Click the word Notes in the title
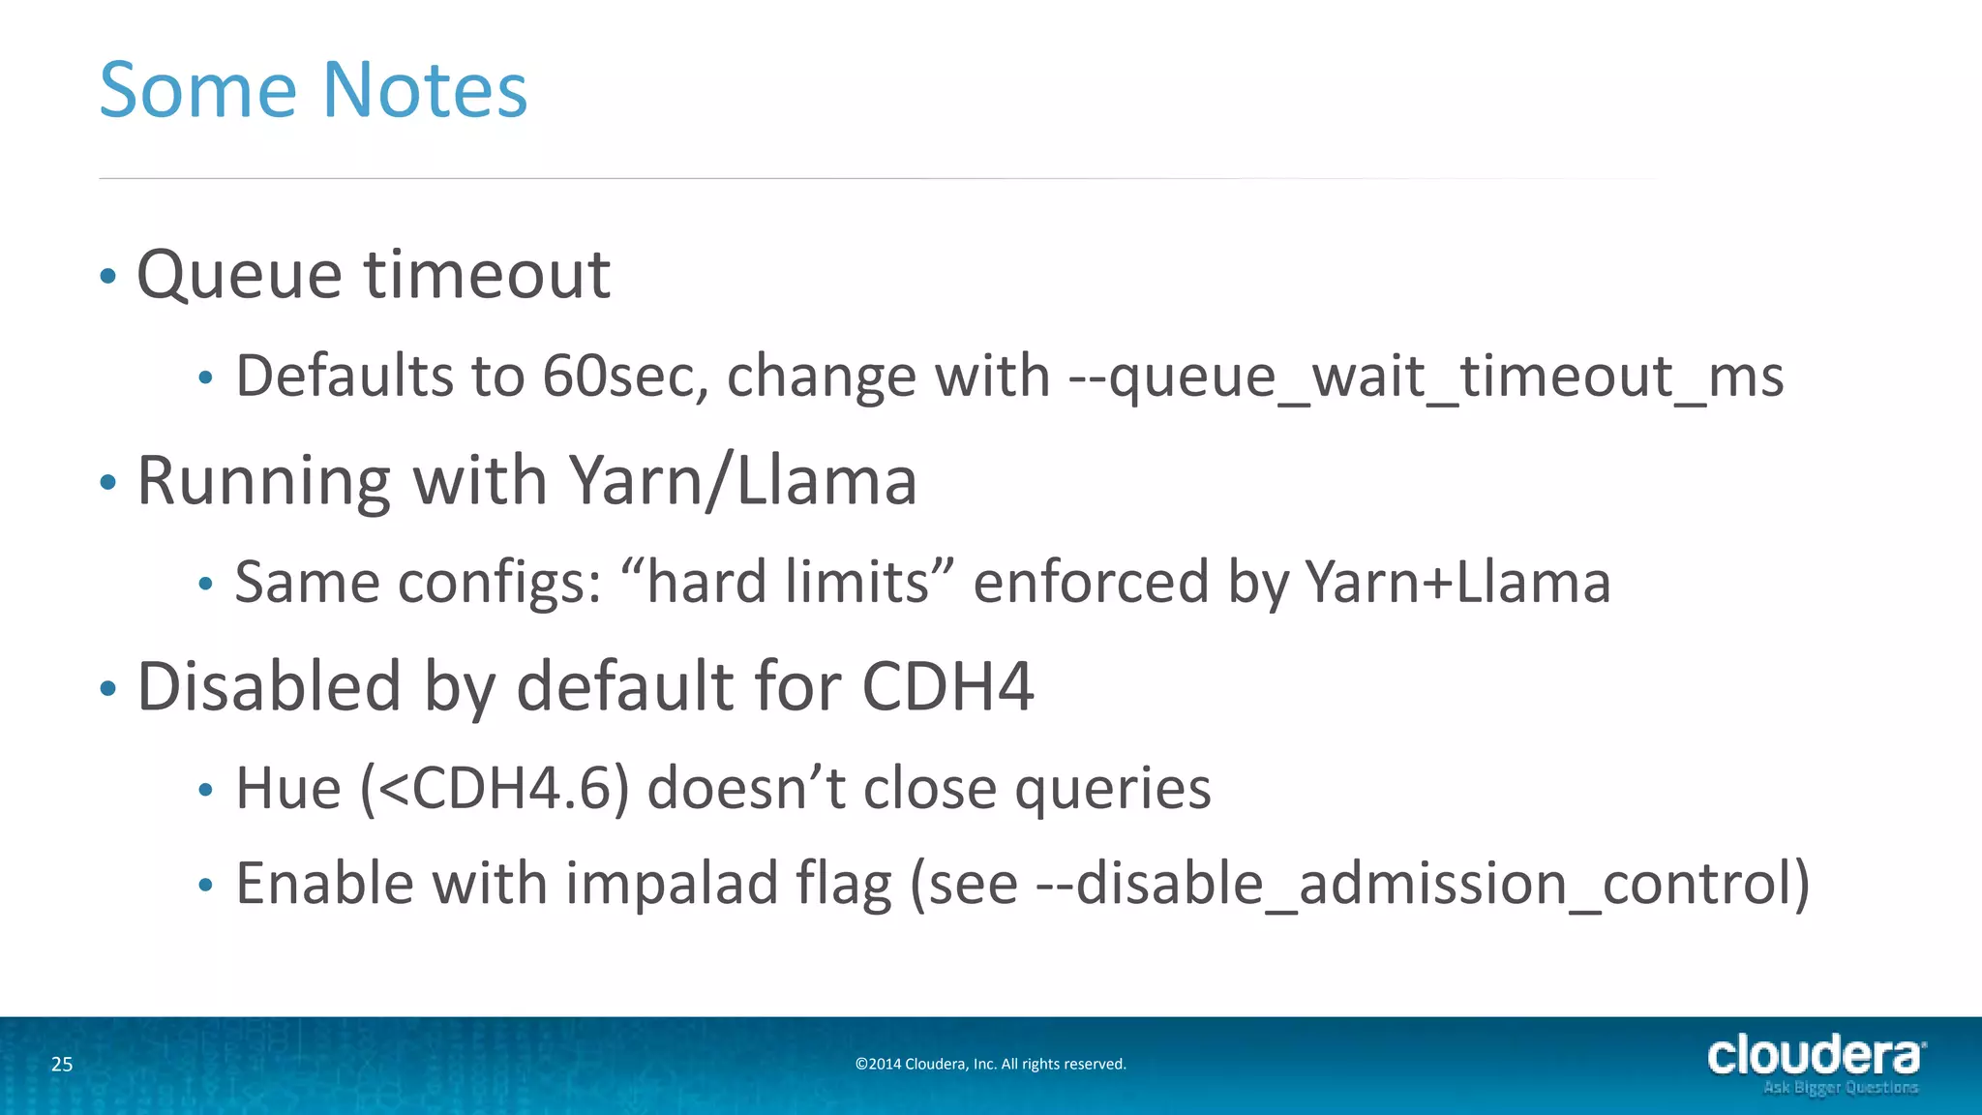424,90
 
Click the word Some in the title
197,90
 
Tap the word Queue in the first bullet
239,276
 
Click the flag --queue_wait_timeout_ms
1426,377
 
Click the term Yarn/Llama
742,481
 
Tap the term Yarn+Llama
1457,583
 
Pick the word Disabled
269,687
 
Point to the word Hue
288,789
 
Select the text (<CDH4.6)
495,789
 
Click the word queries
1112,789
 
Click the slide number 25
62,1065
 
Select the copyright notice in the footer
990,1065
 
